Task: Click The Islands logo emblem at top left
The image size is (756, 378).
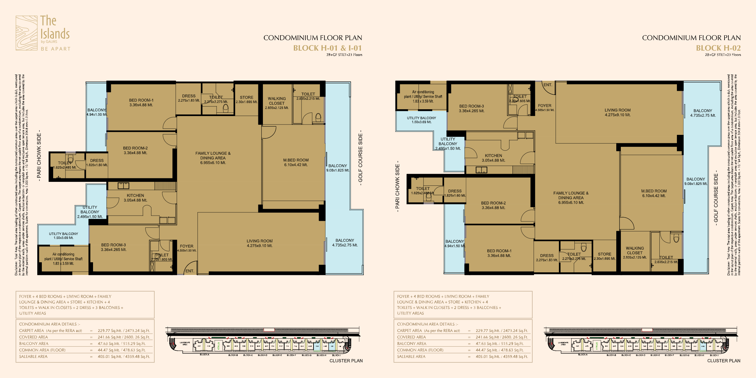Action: pos(27,33)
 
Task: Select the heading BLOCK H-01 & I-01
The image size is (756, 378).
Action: pos(327,48)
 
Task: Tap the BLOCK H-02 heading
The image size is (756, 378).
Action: pos(718,48)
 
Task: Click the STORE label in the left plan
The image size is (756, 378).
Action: pos(246,98)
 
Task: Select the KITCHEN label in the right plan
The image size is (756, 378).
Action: pos(493,156)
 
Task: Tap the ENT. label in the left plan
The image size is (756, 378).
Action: pos(190,271)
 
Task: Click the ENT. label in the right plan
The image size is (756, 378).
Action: pos(548,85)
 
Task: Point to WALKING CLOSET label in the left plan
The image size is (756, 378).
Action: pos(277,101)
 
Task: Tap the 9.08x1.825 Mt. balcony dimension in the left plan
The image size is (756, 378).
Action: pos(337,170)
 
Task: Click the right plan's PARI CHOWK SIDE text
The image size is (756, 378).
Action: pos(397,186)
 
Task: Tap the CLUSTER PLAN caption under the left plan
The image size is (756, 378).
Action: pos(346,361)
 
